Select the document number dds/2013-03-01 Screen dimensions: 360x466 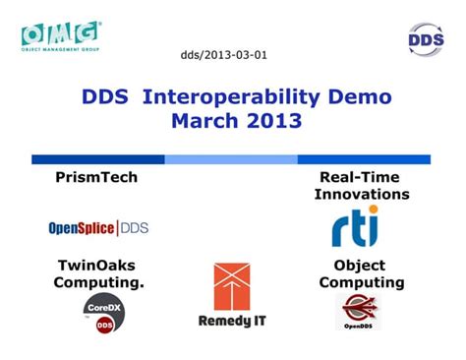[223, 55]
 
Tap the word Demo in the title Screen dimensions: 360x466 [363, 97]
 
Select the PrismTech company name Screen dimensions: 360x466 [96, 177]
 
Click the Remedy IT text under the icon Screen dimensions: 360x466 [232, 321]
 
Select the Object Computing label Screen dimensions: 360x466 [360, 274]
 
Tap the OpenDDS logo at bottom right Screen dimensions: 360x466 [358, 312]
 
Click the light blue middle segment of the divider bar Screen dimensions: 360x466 [231, 159]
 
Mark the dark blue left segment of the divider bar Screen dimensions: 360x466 [97, 159]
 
